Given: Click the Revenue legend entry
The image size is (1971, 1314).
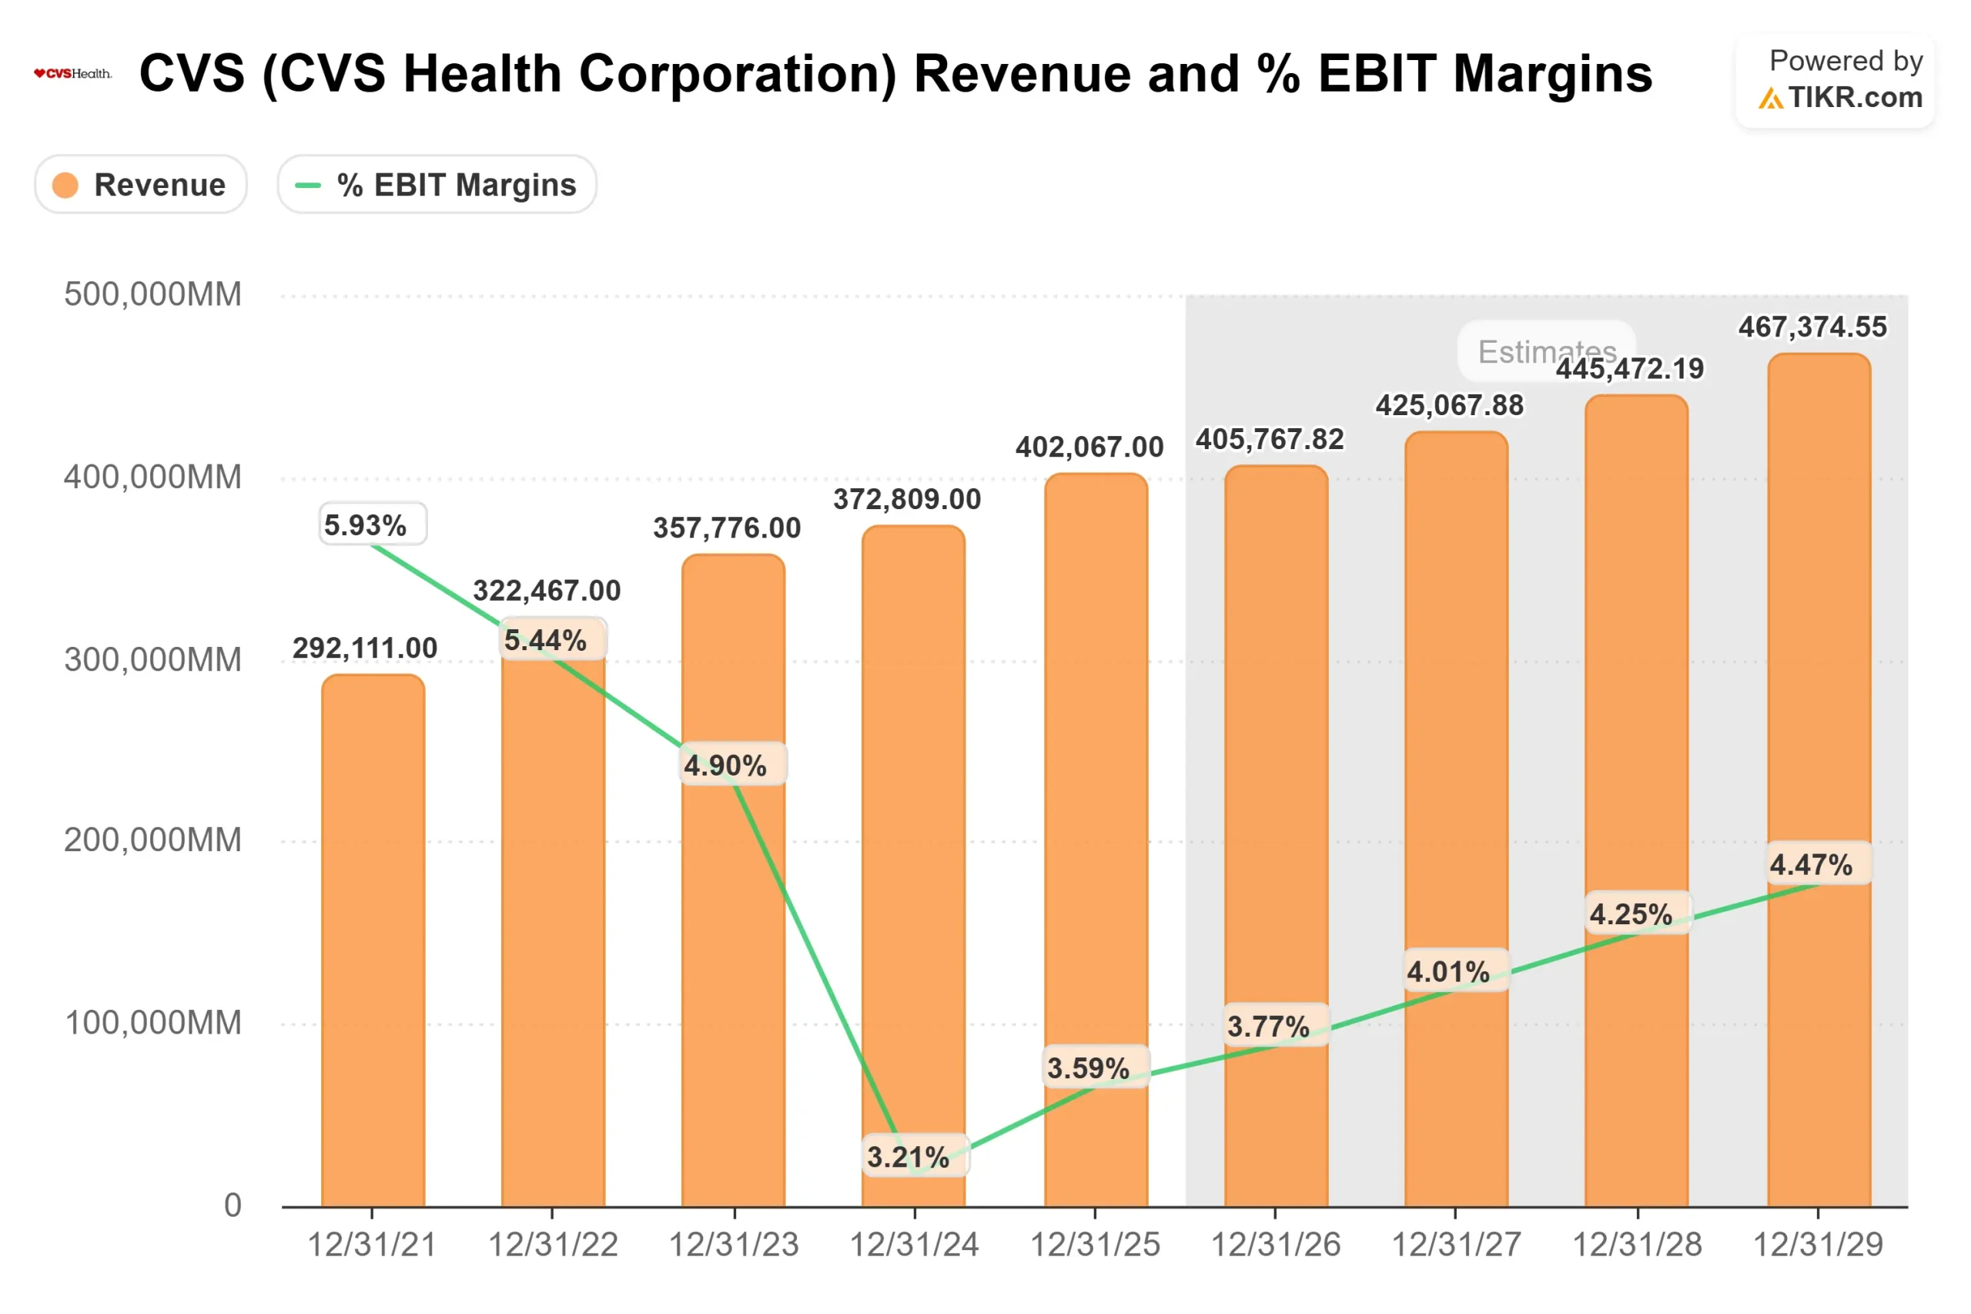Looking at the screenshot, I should pyautogui.click(x=140, y=184).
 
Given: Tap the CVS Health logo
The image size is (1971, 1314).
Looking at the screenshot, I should pyautogui.click(x=72, y=74).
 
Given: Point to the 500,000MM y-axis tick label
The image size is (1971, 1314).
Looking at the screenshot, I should pyautogui.click(x=152, y=295).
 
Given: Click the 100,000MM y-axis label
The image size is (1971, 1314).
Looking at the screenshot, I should pyautogui.click(x=152, y=1022).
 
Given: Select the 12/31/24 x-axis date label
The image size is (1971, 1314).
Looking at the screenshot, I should pyautogui.click(x=914, y=1245).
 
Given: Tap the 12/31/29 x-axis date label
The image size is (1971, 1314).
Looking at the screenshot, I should pyautogui.click(x=1817, y=1245).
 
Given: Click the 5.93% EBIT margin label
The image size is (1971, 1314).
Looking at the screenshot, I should pyautogui.click(x=366, y=525).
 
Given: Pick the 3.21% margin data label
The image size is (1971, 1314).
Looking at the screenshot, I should pyautogui.click(x=908, y=1158).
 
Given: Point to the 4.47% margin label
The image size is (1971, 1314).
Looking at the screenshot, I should pyautogui.click(x=1810, y=865).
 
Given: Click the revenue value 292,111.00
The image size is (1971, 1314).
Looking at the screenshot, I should pyautogui.click(x=364, y=648).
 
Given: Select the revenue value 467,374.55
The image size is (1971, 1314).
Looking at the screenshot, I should pyautogui.click(x=1812, y=327).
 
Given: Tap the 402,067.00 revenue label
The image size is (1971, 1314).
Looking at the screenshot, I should pyautogui.click(x=1089, y=447).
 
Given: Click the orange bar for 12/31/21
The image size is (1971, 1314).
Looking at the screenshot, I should pyautogui.click(x=373, y=939).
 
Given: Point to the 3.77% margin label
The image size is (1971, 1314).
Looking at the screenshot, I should pyautogui.click(x=1267, y=1027).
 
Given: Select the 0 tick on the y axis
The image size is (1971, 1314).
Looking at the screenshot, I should pyautogui.click(x=232, y=1205).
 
